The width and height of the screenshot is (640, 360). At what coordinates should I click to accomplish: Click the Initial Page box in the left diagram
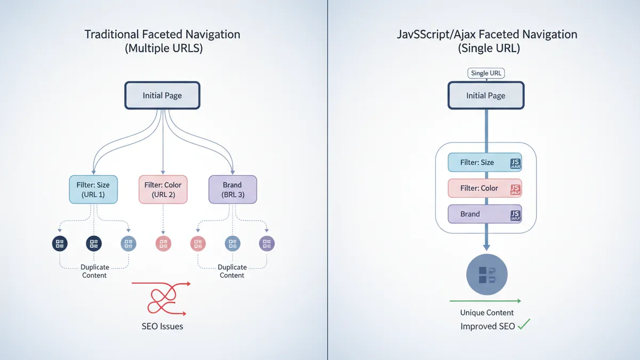coord(162,95)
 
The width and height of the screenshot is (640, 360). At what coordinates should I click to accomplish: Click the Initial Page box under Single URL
coord(485,95)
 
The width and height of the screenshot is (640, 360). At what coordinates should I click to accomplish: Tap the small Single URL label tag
coord(485,73)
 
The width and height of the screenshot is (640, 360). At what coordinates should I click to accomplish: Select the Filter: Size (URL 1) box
coord(94,189)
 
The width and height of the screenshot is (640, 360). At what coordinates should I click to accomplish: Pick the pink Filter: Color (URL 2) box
coord(163,189)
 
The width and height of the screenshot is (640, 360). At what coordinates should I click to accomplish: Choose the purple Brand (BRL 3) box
coord(233,189)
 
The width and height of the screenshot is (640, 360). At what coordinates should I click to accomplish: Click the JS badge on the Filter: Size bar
coord(515,163)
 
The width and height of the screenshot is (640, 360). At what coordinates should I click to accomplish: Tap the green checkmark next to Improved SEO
coord(524,325)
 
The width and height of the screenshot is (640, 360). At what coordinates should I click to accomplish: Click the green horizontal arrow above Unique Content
coord(485,301)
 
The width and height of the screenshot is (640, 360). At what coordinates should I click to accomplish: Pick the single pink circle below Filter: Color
coord(163,244)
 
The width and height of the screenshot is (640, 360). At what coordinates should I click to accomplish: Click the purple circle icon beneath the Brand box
coord(267,244)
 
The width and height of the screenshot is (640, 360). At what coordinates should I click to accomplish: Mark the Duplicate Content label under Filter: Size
coord(94,271)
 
